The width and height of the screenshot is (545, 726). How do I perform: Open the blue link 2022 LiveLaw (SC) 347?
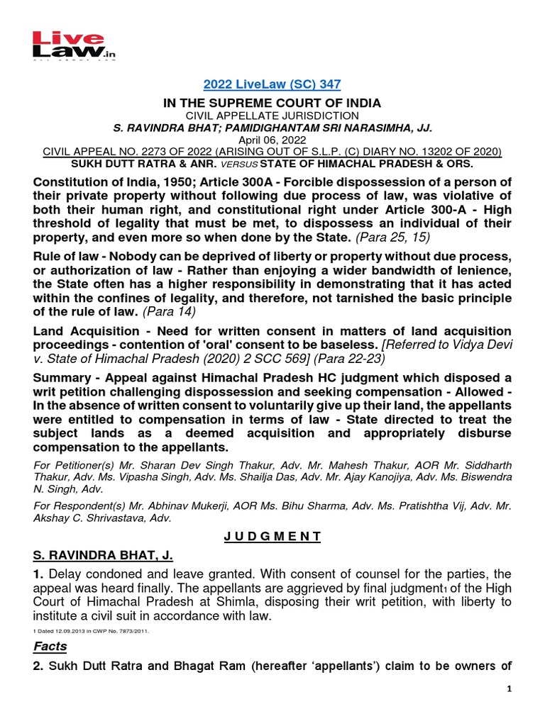point(272,84)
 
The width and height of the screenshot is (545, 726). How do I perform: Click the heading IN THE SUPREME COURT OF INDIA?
point(272,103)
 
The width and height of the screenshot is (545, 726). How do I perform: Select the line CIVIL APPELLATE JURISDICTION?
point(272,116)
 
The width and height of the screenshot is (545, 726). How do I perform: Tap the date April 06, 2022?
point(272,140)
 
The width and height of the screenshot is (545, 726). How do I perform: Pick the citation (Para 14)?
point(170,311)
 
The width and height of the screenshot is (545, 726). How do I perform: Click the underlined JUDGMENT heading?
point(272,537)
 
